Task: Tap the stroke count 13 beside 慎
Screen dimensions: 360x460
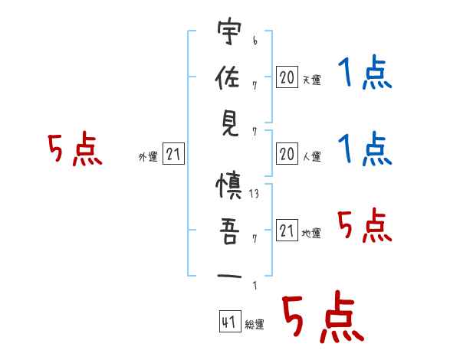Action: [255, 195]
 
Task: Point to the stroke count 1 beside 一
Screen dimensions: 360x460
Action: [255, 286]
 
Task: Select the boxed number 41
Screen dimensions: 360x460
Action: [228, 322]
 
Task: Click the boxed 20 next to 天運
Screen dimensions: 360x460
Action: [287, 77]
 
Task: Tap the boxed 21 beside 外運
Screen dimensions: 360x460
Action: [173, 155]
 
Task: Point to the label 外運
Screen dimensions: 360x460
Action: [147, 157]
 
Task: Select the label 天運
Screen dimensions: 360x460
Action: [311, 80]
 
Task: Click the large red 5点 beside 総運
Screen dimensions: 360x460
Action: [322, 319]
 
